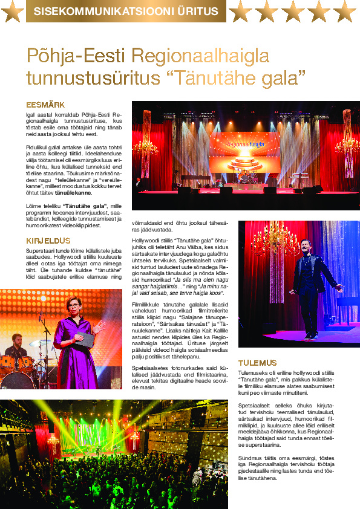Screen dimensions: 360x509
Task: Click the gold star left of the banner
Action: pyautogui.click(x=13, y=10)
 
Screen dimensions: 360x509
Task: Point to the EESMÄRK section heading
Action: pyautogui.click(x=45, y=104)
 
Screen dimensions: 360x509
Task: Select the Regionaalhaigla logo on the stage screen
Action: pyautogui.click(x=244, y=144)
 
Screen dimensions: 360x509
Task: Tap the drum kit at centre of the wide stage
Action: pyautogui.click(x=245, y=179)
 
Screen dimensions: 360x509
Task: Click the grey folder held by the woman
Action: pyautogui.click(x=86, y=342)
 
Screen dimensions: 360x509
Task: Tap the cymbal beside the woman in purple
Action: pyautogui.click(x=38, y=343)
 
